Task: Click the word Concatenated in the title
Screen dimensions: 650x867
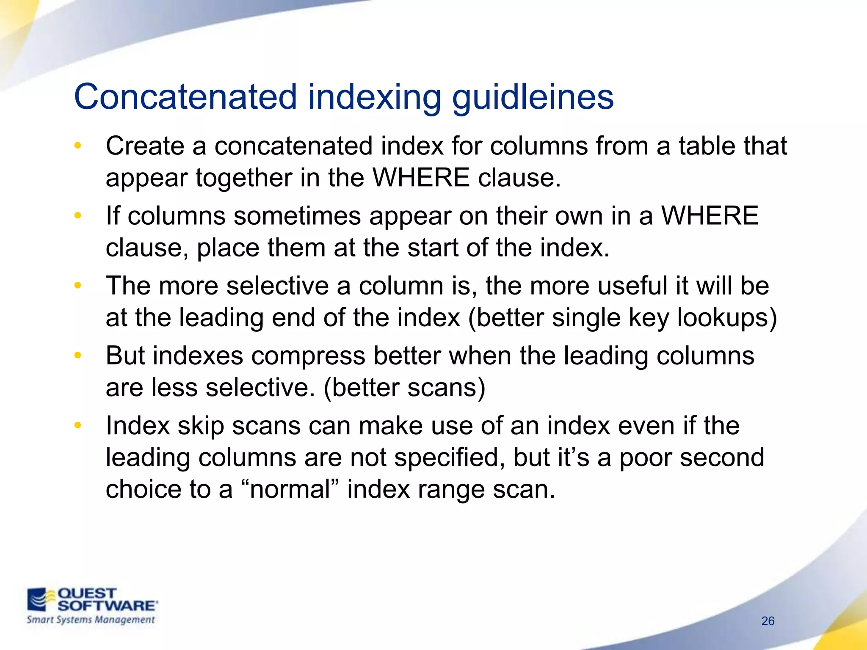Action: click(x=185, y=97)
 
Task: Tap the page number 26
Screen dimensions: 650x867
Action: click(x=768, y=621)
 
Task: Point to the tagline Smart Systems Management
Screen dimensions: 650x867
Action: click(x=91, y=620)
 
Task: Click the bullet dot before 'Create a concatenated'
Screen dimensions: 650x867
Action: click(x=77, y=146)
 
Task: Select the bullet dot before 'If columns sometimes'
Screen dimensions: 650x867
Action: click(x=77, y=216)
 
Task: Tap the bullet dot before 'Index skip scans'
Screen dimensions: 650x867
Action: click(x=77, y=425)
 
